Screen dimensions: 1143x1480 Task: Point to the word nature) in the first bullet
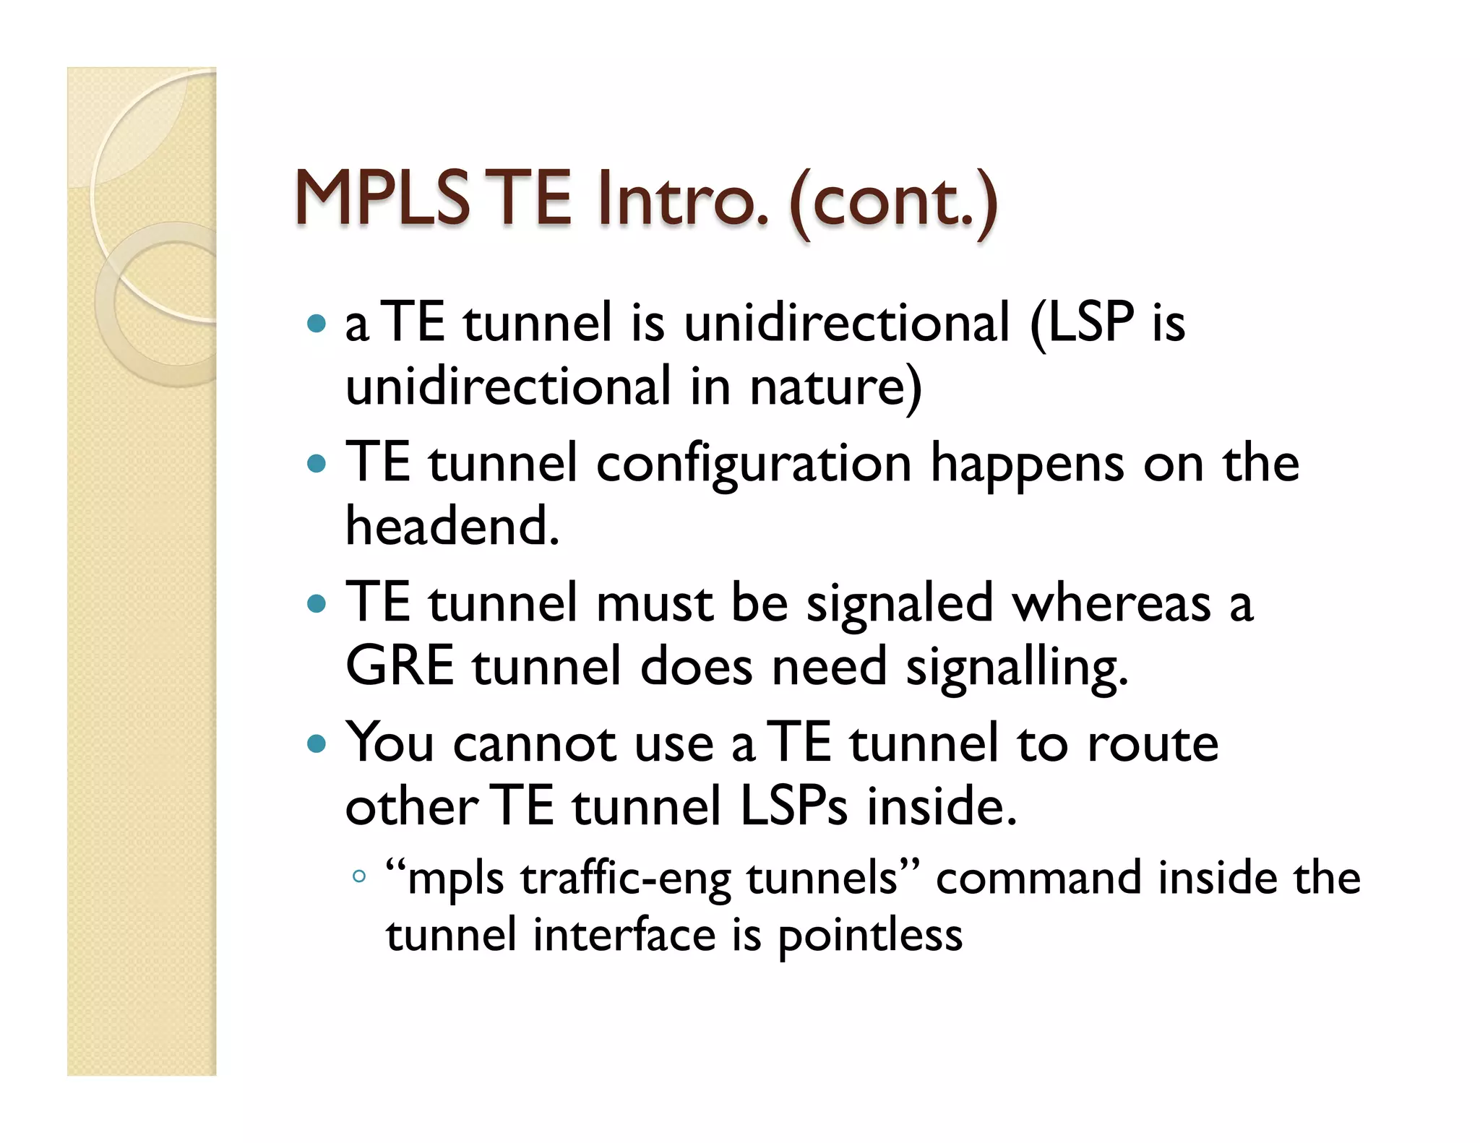(x=835, y=387)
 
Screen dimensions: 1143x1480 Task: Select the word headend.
(x=452, y=526)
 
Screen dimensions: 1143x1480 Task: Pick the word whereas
(x=1111, y=604)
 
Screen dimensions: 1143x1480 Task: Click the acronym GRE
(x=400, y=666)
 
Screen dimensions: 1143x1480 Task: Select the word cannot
(x=535, y=744)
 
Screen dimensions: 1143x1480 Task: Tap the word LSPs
(x=793, y=807)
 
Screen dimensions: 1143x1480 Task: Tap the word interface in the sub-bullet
(x=624, y=936)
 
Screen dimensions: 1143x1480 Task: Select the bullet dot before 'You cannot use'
(x=317, y=743)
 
